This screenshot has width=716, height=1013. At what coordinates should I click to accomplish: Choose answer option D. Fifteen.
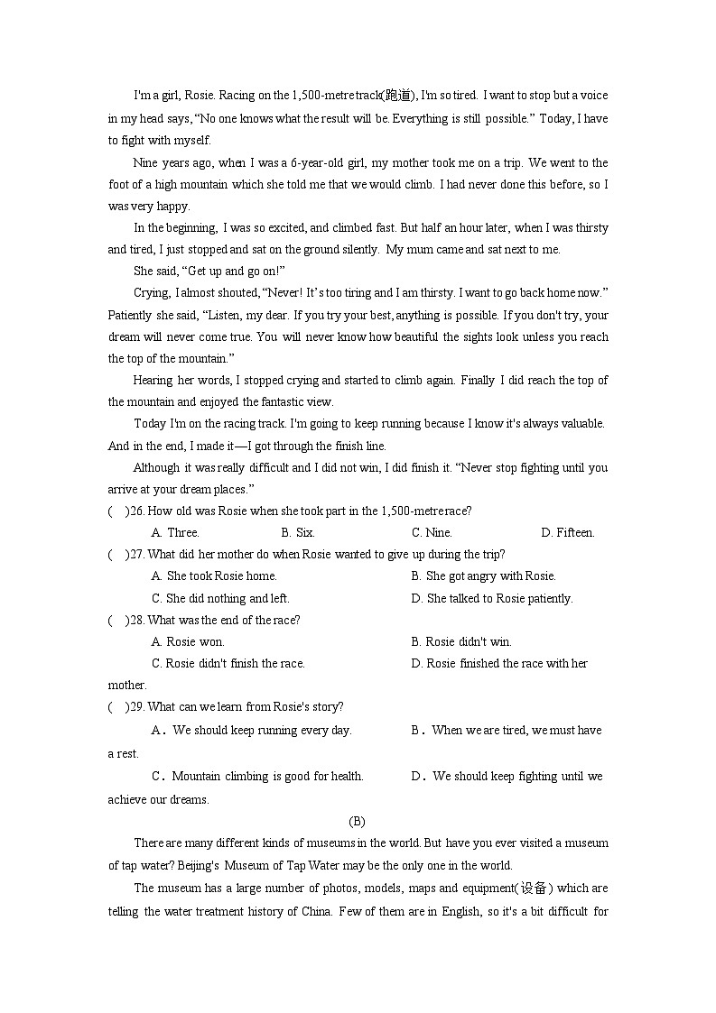[567, 533]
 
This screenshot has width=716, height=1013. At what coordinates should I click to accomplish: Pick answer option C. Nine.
[432, 533]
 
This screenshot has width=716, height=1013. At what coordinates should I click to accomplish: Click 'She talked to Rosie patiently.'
[492, 598]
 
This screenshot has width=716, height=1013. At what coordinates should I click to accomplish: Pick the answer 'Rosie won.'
[189, 642]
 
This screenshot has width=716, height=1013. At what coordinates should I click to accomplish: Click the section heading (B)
[357, 821]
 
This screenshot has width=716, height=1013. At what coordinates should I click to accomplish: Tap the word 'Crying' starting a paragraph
[151, 292]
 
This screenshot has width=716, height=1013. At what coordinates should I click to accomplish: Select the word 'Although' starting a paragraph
[157, 467]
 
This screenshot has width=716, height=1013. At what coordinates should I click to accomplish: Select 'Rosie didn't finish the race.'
[228, 664]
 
